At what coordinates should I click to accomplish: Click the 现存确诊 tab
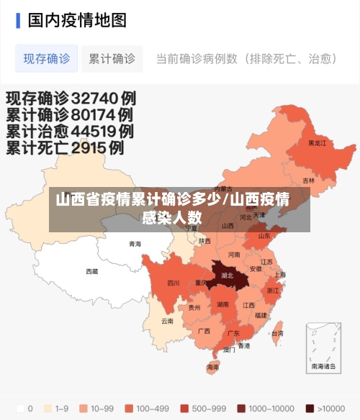(x=47, y=59)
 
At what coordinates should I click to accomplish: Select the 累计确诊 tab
(x=112, y=59)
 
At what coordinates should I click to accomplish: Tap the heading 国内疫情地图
(x=77, y=19)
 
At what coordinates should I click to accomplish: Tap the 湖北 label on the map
(x=228, y=275)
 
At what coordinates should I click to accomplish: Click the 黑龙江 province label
(x=317, y=143)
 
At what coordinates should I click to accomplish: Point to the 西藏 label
(x=92, y=272)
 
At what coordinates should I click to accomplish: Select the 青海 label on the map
(x=135, y=245)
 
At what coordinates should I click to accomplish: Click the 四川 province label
(x=174, y=283)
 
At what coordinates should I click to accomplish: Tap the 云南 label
(x=167, y=321)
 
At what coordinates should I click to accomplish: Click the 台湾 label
(x=277, y=333)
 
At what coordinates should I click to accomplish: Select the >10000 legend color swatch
(x=310, y=408)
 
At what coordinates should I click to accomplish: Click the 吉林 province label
(x=308, y=181)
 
